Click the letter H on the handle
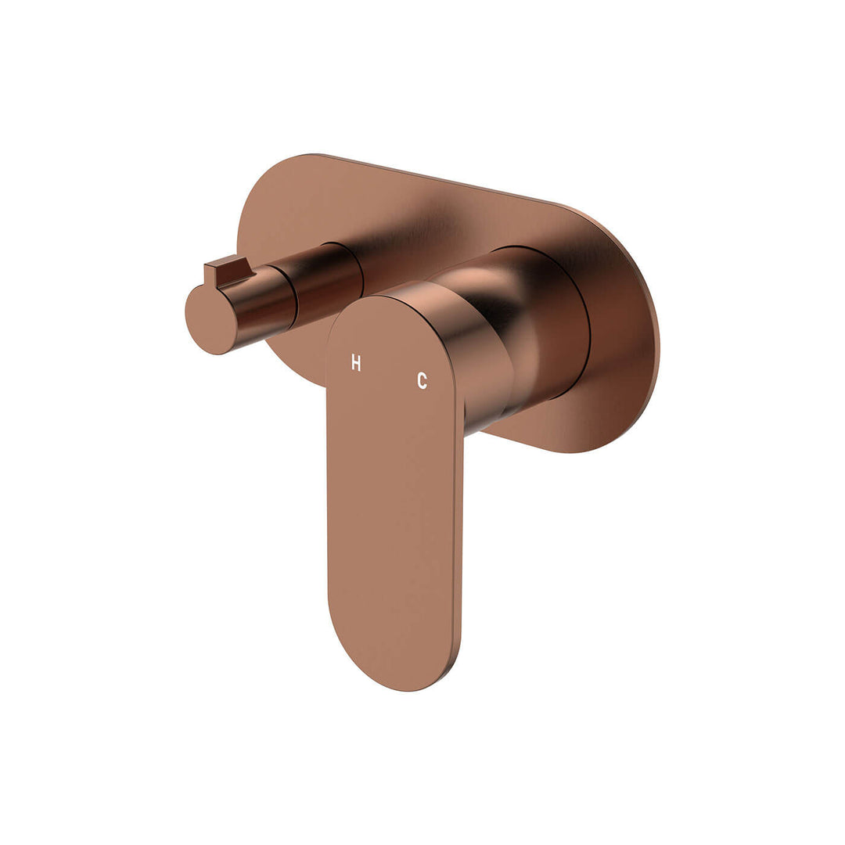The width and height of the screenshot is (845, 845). pyautogui.click(x=356, y=363)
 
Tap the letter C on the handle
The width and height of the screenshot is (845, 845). pyautogui.click(x=422, y=381)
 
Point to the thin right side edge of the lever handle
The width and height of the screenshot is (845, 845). pyautogui.click(x=458, y=532)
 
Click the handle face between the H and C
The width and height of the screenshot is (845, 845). pyautogui.click(x=389, y=372)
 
